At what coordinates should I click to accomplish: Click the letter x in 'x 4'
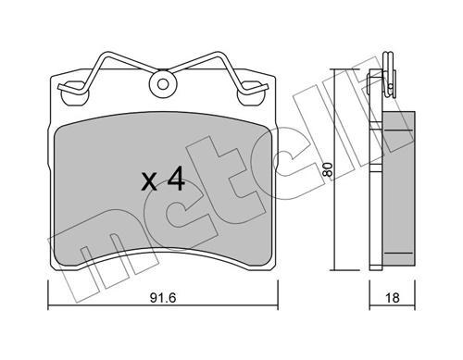[149, 180]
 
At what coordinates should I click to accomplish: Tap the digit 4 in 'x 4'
[175, 179]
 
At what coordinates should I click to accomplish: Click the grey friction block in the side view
[397, 176]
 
